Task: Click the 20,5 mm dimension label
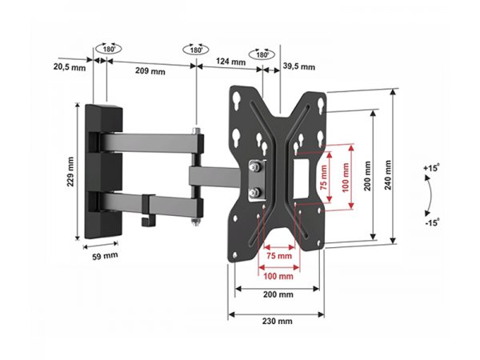pos(70,66)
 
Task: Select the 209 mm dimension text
pos(150,71)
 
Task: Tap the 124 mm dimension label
pos(231,62)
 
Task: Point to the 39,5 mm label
pos(298,66)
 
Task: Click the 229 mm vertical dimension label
pos(70,172)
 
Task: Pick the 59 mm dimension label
pos(105,256)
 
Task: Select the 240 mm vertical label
pos(388,174)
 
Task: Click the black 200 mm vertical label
pos(367,176)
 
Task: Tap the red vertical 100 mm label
pos(346,178)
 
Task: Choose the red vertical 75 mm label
pos(324,178)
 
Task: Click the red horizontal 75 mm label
pos(279,256)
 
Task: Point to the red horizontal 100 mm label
pos(278,276)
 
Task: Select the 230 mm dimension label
pos(277,321)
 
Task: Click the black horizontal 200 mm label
pos(278,294)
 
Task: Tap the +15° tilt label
pos(431,168)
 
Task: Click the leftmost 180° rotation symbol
pos(108,49)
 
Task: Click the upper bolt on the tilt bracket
pos(254,167)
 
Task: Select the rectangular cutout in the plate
pos(302,178)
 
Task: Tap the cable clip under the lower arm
pos(148,210)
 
